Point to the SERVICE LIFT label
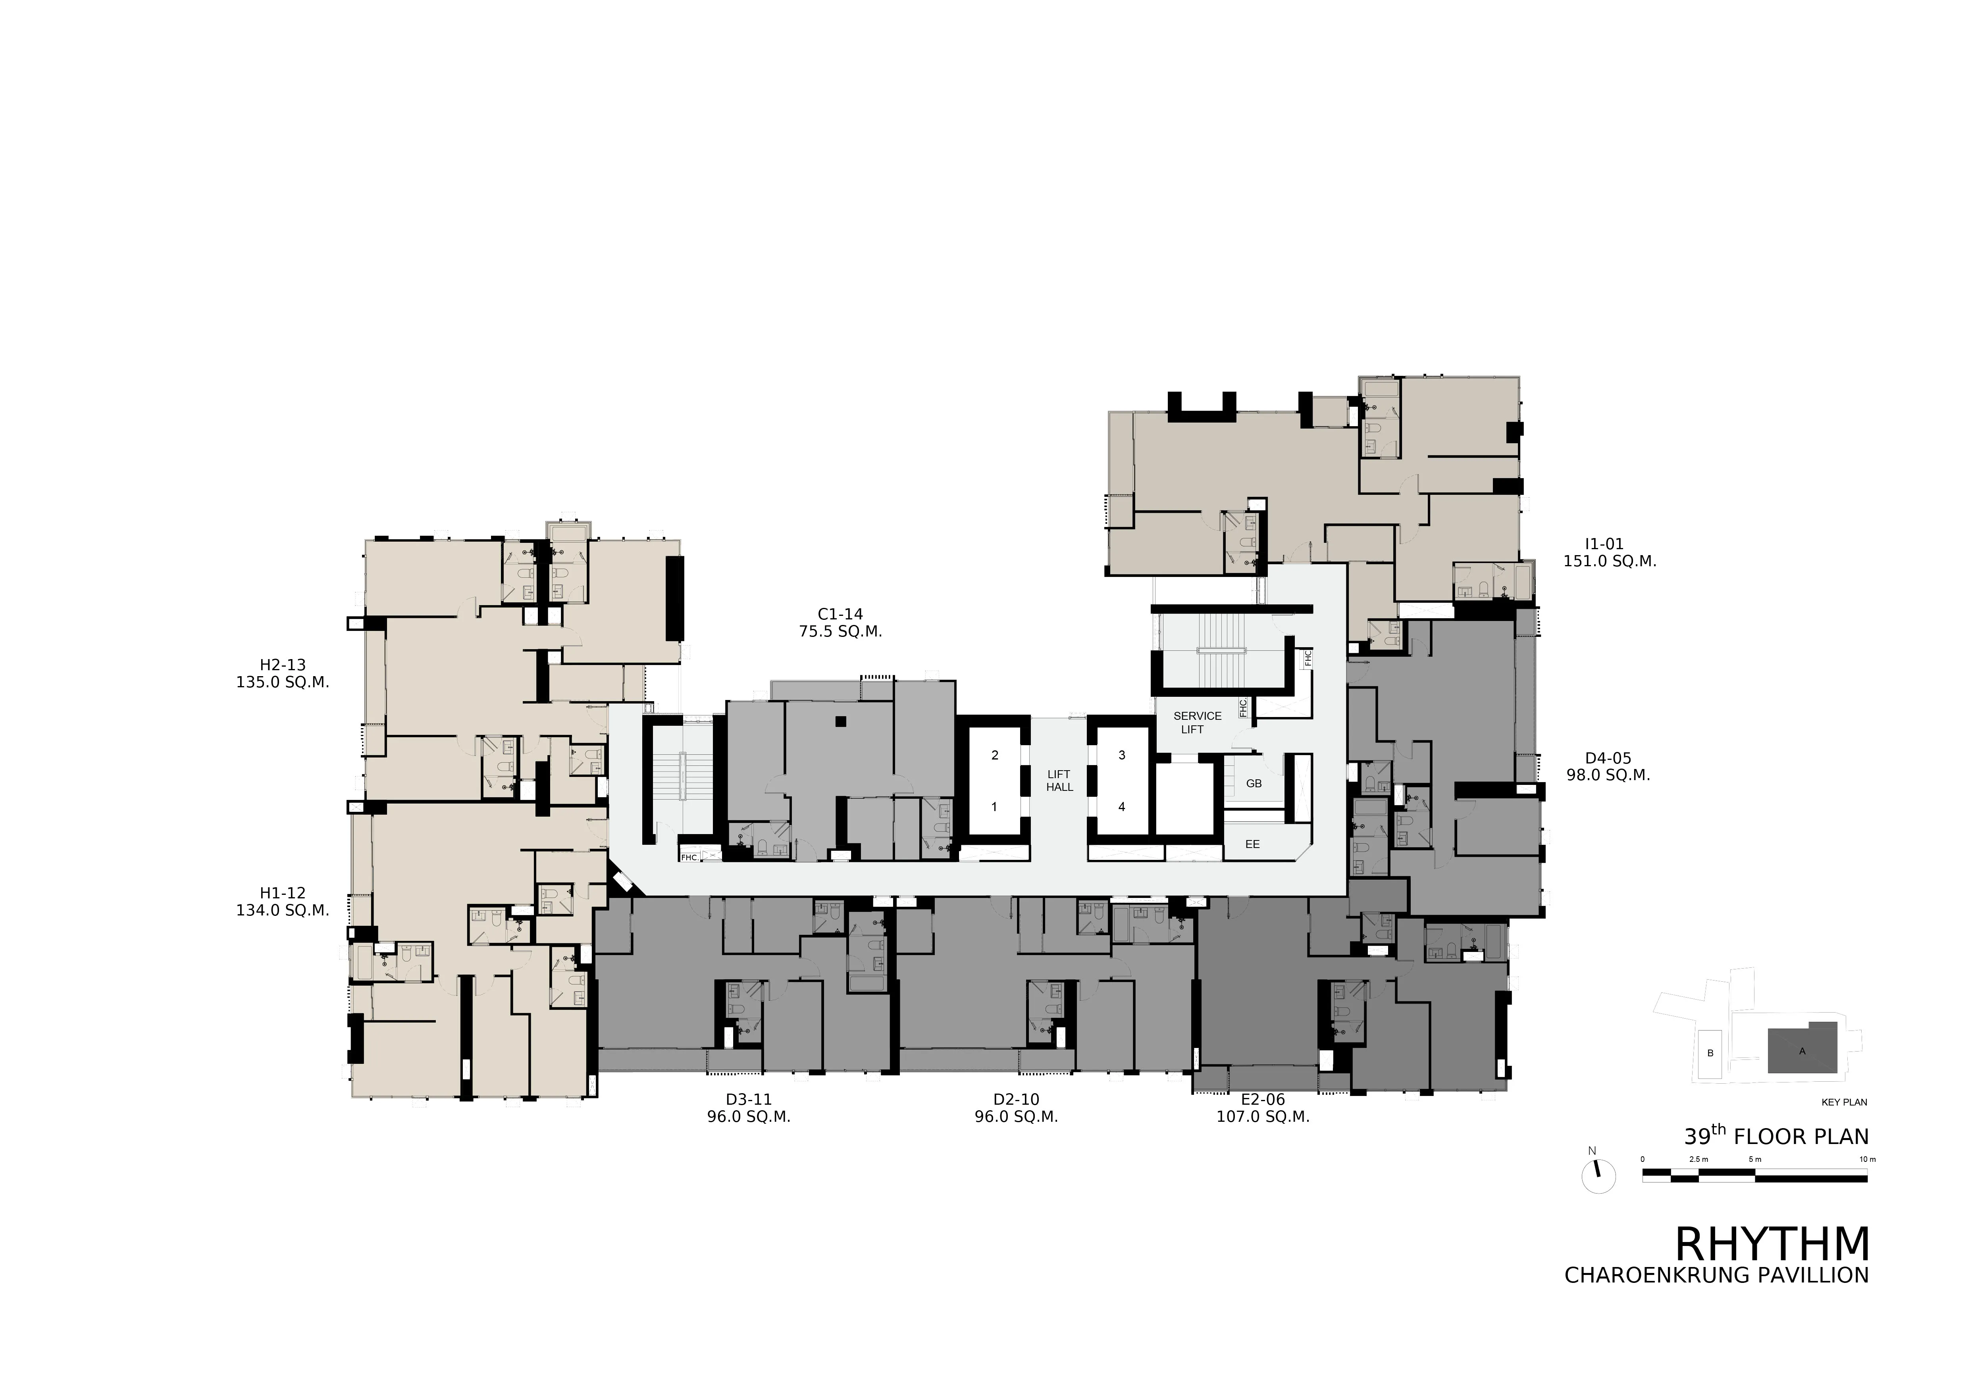1197,722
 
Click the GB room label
1254,783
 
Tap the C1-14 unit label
840,614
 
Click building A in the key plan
1802,1050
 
